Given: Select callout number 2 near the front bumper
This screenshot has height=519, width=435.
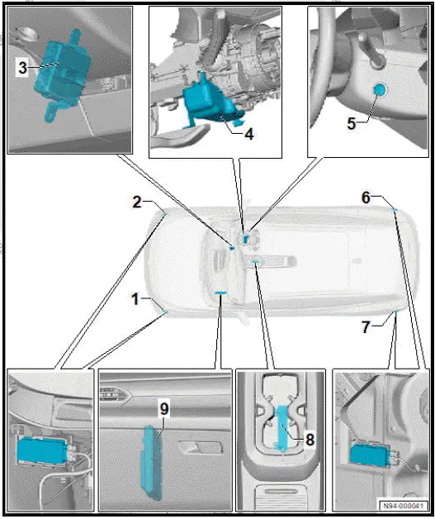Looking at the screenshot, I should click(138, 202).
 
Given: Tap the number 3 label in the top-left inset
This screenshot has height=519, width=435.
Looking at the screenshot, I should click(22, 69).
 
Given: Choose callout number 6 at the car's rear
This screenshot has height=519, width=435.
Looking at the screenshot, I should click(366, 197).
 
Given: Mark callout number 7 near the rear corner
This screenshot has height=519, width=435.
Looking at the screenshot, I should click(366, 326).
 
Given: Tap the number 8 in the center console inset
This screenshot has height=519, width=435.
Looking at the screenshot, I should click(309, 439).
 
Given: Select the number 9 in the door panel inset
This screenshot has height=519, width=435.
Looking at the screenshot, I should click(163, 407).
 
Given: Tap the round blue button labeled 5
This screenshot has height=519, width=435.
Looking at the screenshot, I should click(380, 93).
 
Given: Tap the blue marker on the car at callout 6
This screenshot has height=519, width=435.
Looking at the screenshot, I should click(395, 210).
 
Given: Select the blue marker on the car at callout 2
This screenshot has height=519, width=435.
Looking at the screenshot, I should click(164, 212).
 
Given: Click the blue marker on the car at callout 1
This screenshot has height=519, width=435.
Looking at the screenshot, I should click(164, 312).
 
